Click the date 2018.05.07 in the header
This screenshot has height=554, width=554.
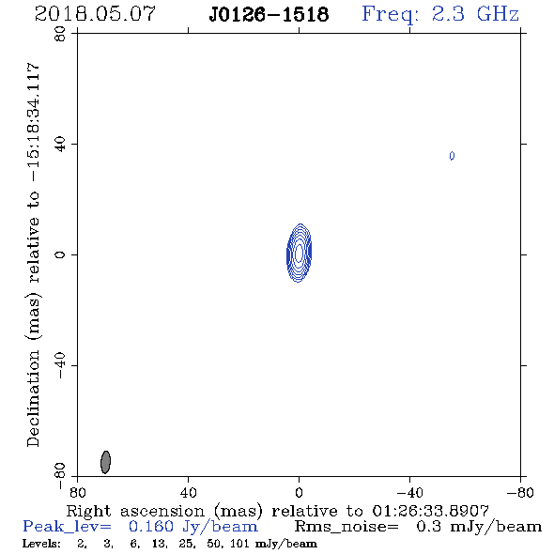[x=95, y=14]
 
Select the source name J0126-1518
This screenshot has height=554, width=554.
[x=269, y=15]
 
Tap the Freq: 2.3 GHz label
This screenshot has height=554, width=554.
[x=440, y=14]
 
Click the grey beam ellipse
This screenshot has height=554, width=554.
[x=106, y=462]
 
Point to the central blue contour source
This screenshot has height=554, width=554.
[x=299, y=253]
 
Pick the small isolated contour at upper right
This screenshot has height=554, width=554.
[x=452, y=156]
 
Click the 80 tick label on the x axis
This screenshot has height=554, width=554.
[x=77, y=492]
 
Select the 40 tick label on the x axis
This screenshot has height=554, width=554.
[x=188, y=492]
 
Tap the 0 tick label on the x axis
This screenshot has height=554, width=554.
[x=299, y=492]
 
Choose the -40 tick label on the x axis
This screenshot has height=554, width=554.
[x=409, y=492]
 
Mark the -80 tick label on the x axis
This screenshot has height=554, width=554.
[x=520, y=492]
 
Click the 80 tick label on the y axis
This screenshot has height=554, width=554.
[x=60, y=34]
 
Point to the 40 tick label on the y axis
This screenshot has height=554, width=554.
[x=60, y=145]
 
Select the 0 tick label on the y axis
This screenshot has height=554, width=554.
[x=60, y=254]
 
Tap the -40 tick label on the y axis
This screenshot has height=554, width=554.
[x=60, y=365]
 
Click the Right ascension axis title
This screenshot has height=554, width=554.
[x=278, y=511]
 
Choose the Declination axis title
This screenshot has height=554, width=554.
[x=33, y=255]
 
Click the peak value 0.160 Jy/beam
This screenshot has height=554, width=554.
[x=192, y=527]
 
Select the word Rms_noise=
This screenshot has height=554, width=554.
[x=346, y=527]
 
